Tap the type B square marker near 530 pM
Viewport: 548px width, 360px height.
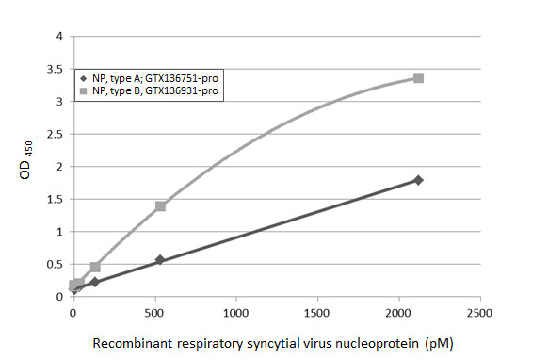[160, 205]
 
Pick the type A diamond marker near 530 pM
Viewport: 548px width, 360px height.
[160, 260]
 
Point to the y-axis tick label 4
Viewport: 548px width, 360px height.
[59, 37]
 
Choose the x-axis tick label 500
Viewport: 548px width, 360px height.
[154, 312]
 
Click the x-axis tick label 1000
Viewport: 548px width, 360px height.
[235, 312]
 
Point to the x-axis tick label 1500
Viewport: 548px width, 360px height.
[317, 312]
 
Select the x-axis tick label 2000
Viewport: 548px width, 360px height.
[399, 312]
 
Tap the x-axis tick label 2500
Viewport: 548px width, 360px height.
[480, 312]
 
